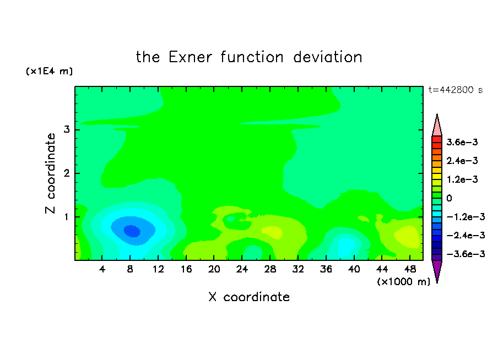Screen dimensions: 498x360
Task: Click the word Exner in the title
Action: click(x=190, y=57)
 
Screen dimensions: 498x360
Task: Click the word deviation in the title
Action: click(x=328, y=57)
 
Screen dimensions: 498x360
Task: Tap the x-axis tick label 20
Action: click(x=214, y=270)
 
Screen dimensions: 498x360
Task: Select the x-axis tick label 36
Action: click(x=326, y=270)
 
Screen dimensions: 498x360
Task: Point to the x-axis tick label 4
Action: click(x=102, y=270)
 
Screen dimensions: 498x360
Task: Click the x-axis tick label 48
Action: click(x=410, y=270)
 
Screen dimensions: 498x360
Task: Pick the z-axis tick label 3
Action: click(x=67, y=129)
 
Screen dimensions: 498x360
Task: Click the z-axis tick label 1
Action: click(x=67, y=217)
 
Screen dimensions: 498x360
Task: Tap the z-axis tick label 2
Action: click(x=67, y=173)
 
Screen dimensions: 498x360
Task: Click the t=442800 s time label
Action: click(x=456, y=90)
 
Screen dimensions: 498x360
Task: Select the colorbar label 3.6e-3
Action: click(x=462, y=142)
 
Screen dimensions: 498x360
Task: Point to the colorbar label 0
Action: click(x=449, y=198)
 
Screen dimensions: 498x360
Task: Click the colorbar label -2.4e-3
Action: click(x=465, y=235)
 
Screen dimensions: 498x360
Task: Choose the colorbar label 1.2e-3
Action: click(x=462, y=179)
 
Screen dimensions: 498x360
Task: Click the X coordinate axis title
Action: click(x=250, y=297)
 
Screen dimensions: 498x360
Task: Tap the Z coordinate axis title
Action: click(x=50, y=173)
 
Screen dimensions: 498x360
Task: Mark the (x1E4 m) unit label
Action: click(x=49, y=71)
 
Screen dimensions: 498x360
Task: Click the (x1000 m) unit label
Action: click(x=403, y=282)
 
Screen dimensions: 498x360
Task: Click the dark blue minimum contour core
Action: click(x=132, y=231)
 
